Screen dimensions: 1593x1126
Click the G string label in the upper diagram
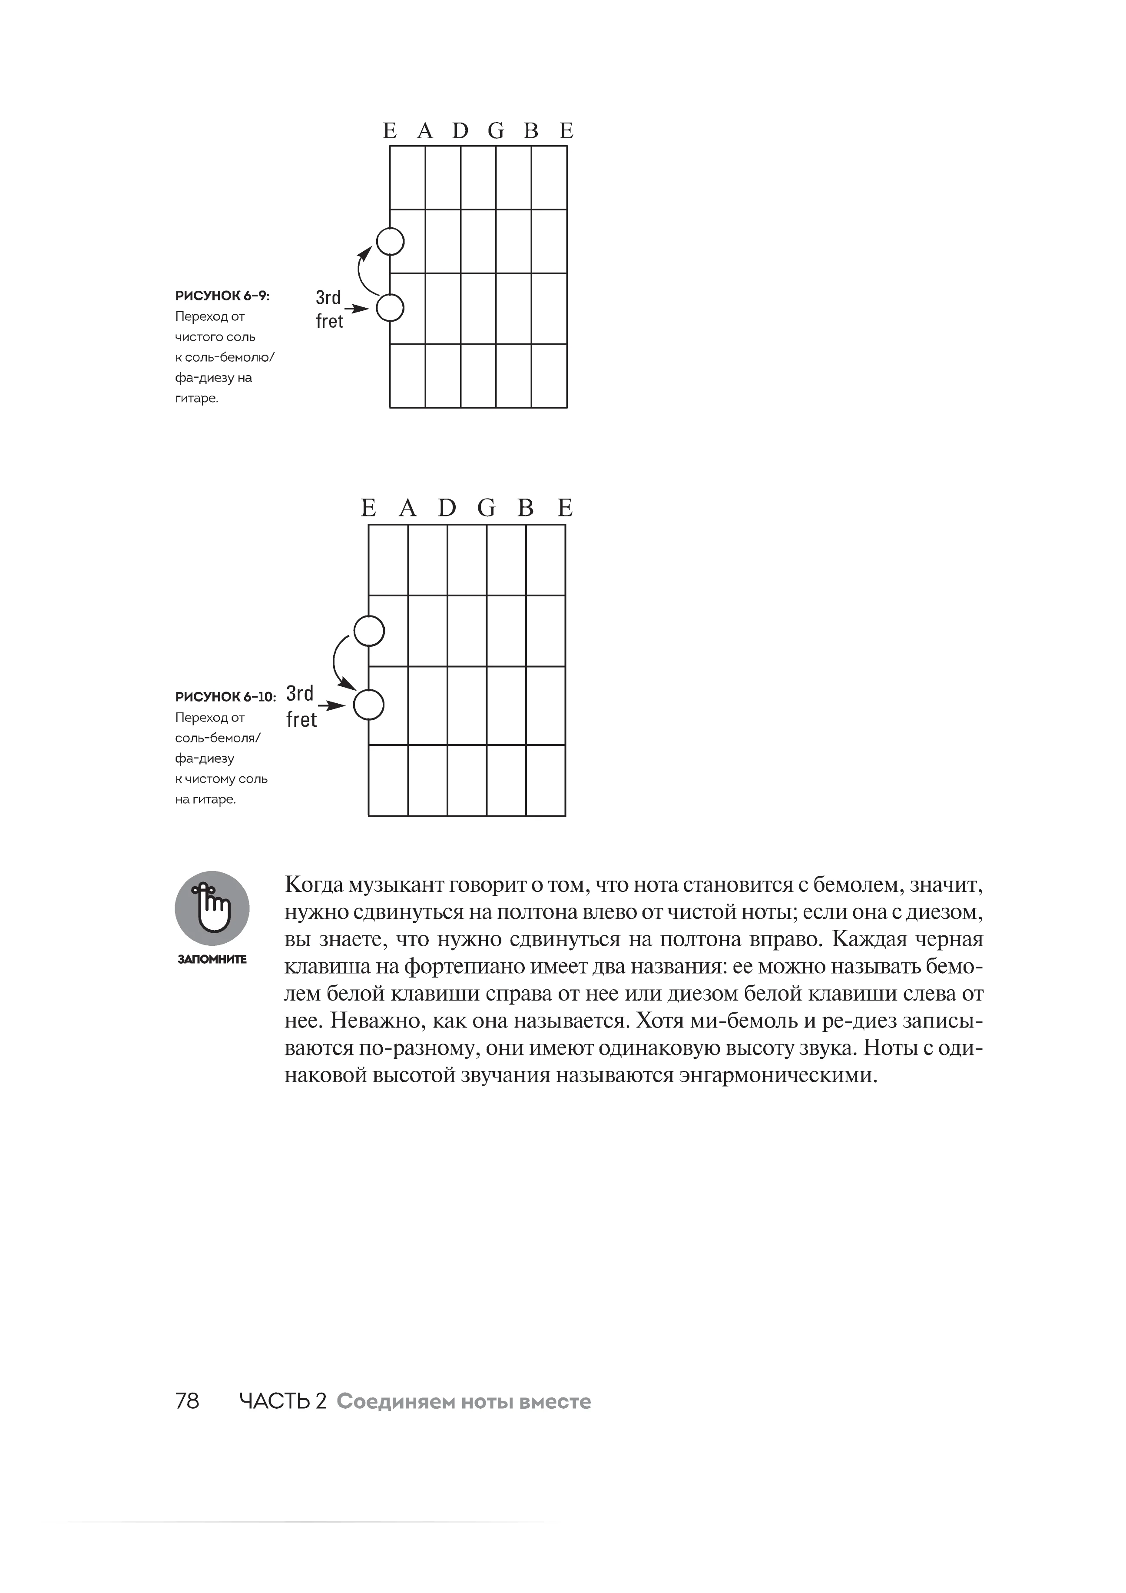point(496,130)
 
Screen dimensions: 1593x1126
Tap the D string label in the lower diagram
point(447,509)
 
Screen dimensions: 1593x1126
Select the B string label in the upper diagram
point(531,130)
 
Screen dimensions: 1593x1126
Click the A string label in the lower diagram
point(407,509)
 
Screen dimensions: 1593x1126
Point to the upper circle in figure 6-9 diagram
point(391,241)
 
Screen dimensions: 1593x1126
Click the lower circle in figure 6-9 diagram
point(391,307)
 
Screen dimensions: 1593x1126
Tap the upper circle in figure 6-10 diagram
point(369,632)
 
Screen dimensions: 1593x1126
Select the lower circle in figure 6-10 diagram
point(369,705)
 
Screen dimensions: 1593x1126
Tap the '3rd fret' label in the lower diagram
point(301,706)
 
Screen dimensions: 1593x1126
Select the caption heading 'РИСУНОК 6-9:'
point(222,296)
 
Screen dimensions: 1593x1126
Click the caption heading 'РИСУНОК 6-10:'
point(225,697)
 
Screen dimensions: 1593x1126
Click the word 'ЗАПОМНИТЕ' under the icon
point(212,960)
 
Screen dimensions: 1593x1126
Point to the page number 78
point(187,1401)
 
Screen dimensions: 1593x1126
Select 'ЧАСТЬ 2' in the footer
point(282,1401)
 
